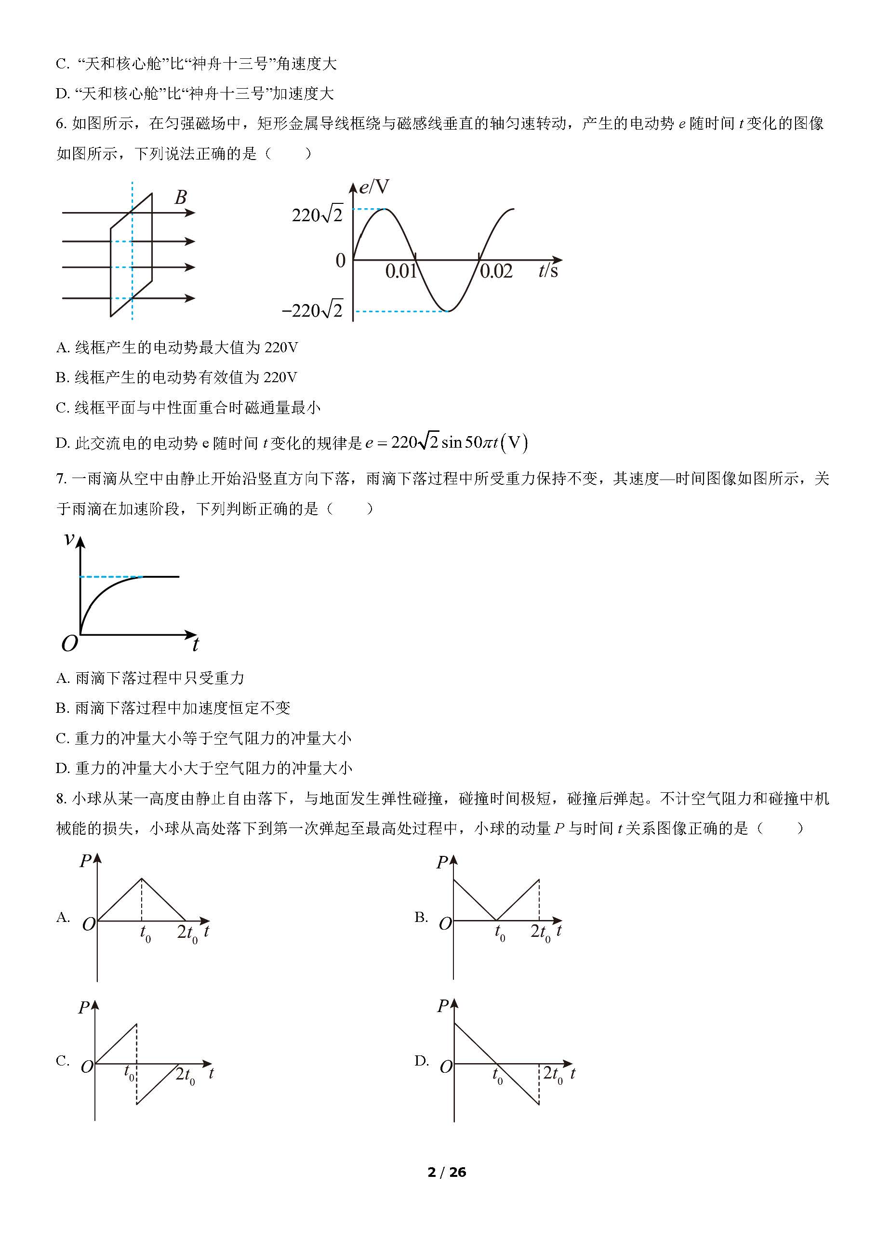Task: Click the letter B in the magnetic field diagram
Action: [x=181, y=197]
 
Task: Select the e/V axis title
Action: [x=374, y=187]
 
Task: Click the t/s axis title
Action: [x=548, y=270]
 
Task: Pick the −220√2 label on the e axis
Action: [x=313, y=310]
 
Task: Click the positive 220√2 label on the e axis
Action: [x=317, y=215]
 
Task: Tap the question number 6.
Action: [x=61, y=124]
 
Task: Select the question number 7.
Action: [x=61, y=479]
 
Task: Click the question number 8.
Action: [x=61, y=798]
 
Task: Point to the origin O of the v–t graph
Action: [x=70, y=643]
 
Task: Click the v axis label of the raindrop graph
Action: [x=69, y=538]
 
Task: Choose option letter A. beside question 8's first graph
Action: [x=63, y=917]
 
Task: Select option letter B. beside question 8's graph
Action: [x=421, y=917]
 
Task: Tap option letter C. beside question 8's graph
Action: [x=63, y=1061]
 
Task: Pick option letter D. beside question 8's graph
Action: [x=422, y=1061]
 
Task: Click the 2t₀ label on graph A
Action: [x=187, y=933]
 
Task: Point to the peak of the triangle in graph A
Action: [x=142, y=878]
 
